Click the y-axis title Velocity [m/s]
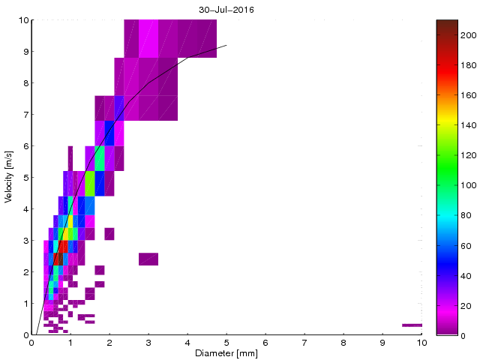(x=8, y=178)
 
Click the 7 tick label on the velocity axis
(x=25, y=115)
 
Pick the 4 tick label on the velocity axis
(x=25, y=209)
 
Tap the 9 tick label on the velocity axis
(x=25, y=52)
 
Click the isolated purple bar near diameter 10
(x=412, y=325)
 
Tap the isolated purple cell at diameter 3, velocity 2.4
(x=148, y=259)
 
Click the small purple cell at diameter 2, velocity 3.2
(x=109, y=234)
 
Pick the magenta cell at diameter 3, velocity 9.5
(x=148, y=36)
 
